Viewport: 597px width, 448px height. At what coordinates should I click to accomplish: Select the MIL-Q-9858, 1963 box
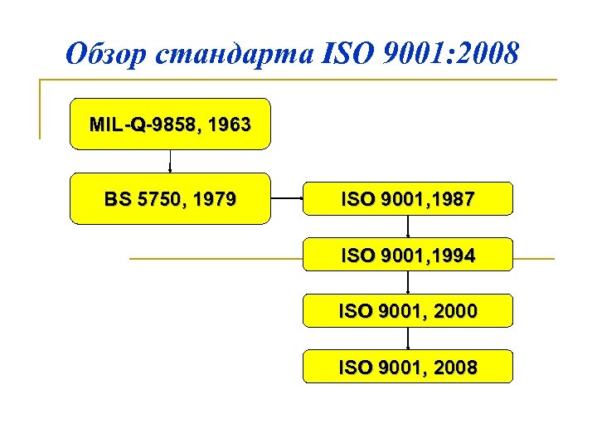coord(170,124)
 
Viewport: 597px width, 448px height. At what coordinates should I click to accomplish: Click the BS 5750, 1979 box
coord(170,199)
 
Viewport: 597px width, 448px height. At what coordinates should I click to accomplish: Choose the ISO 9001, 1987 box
coord(407,199)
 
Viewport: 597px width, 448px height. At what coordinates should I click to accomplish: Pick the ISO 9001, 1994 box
coord(407,256)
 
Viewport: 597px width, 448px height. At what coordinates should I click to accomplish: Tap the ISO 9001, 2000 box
coord(407,311)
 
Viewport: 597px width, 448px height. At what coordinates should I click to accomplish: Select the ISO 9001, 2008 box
coord(407,367)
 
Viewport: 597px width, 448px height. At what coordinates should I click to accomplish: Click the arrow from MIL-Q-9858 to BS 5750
coord(170,161)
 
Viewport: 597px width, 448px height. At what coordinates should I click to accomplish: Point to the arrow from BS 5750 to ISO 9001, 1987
coord(286,199)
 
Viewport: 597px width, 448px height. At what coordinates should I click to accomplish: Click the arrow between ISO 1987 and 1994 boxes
coord(408,226)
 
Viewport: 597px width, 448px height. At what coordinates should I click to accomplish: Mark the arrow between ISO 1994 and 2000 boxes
coord(408,283)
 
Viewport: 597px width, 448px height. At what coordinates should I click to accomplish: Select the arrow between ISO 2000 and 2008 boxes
coord(408,338)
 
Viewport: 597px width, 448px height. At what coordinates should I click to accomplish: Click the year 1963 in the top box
coord(230,124)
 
